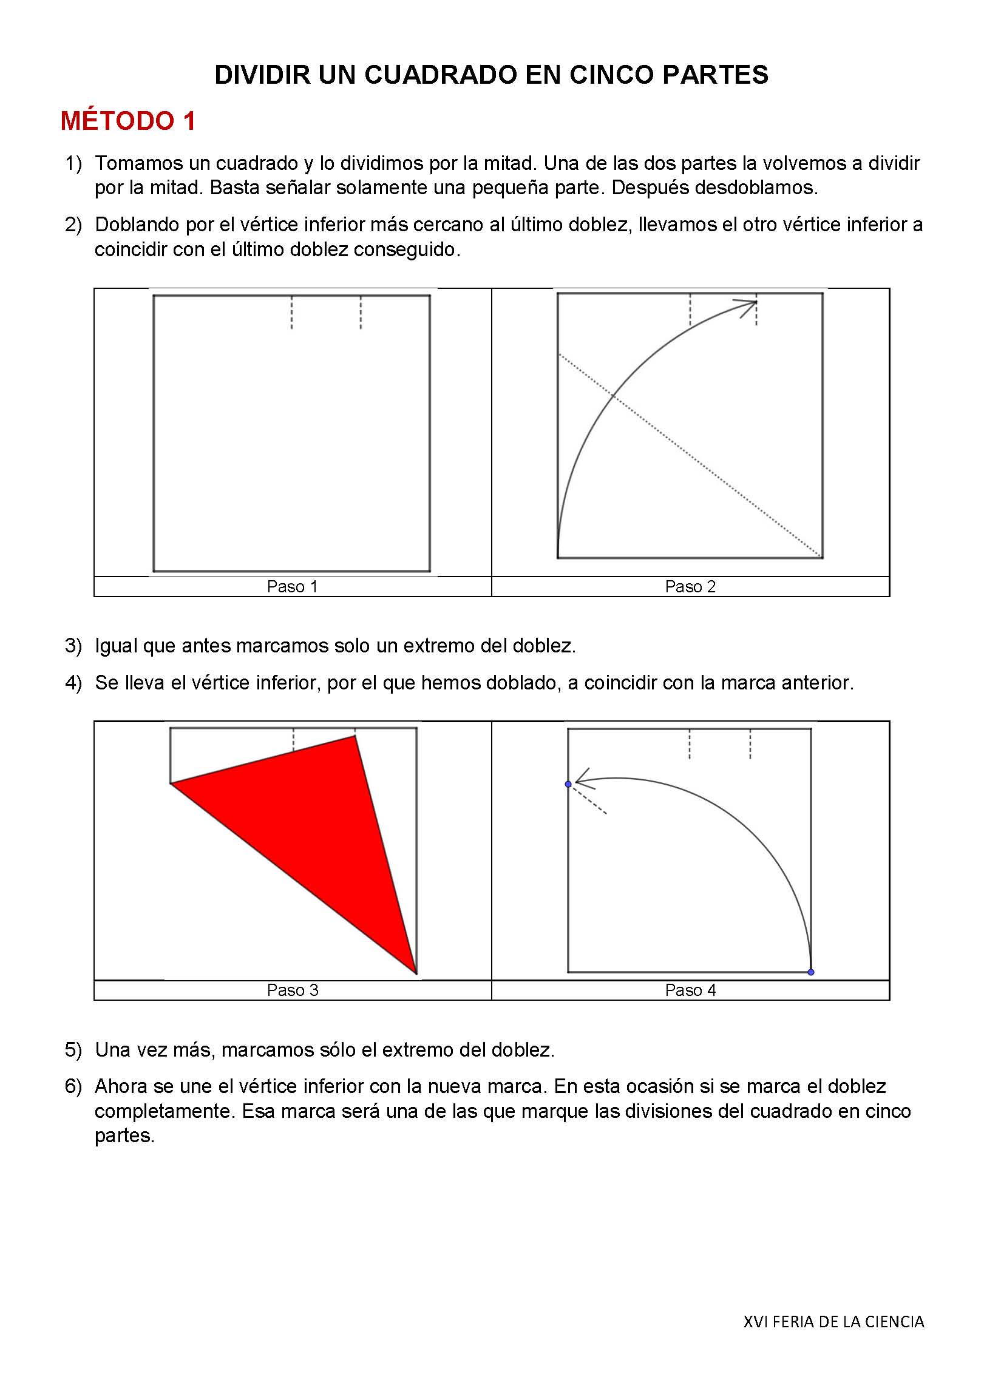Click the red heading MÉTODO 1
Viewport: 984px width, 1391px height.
coord(128,121)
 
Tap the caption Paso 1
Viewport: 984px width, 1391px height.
coord(292,587)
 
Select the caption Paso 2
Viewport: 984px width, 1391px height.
coord(690,587)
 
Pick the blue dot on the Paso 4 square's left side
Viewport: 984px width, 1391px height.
coord(568,785)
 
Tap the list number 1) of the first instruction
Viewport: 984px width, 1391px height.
coord(73,164)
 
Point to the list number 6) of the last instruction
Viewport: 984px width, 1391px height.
coord(73,1086)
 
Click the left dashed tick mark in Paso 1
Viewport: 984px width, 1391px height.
coord(292,313)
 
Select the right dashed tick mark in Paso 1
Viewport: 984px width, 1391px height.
coord(361,313)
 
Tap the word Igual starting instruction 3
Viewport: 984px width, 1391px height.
coord(116,646)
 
